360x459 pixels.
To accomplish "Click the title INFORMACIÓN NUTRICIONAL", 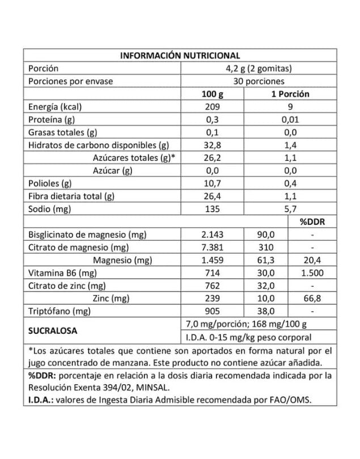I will (180, 56).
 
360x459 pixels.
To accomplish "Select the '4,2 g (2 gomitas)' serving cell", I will (258, 69).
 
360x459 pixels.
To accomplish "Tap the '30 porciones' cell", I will (258, 81).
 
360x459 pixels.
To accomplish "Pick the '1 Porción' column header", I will (290, 93).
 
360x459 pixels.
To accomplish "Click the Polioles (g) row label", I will (50, 183).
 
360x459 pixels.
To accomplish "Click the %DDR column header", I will (311, 222).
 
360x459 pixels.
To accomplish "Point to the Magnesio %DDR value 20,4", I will (311, 260).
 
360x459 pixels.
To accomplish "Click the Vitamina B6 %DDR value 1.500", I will (311, 273).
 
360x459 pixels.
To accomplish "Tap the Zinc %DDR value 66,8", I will (311, 298).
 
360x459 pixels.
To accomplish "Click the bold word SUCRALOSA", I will (53, 330).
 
